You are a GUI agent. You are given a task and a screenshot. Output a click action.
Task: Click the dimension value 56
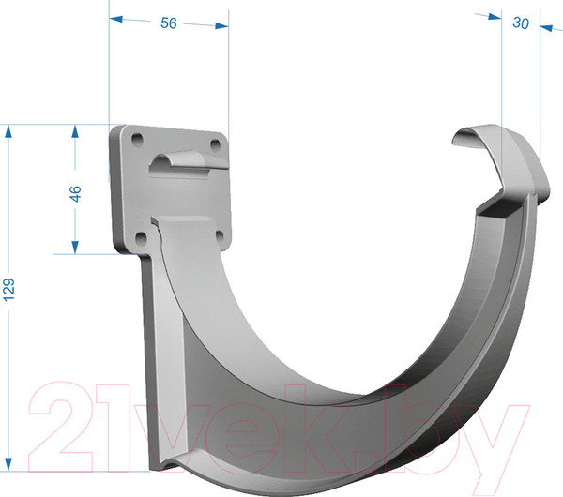168,23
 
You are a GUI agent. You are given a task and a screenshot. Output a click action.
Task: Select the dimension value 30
521,23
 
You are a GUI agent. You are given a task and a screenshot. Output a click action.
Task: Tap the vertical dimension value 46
75,194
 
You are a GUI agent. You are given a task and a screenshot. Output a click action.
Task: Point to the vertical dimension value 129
8,289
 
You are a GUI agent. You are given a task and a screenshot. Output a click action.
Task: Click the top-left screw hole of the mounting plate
138,139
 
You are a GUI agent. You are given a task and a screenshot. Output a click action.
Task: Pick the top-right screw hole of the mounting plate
215,145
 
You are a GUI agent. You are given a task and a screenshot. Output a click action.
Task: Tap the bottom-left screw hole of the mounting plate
141,237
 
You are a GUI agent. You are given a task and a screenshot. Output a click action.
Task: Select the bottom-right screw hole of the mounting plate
219,235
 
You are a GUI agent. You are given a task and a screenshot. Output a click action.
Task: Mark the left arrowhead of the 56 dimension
115,19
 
